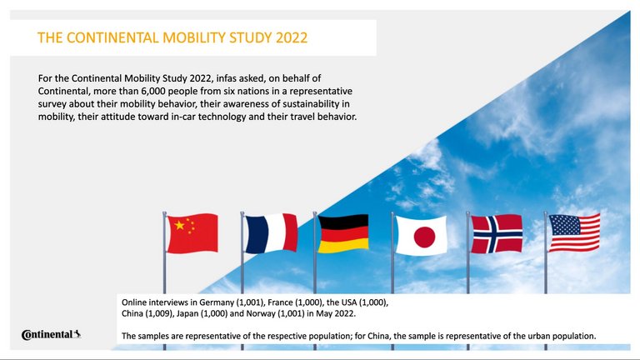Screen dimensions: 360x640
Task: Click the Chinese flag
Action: (192, 232)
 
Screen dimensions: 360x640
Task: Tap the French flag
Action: (271, 233)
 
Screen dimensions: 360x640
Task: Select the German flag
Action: (342, 233)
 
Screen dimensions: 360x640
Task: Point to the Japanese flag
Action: (421, 235)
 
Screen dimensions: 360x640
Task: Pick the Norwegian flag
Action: (497, 233)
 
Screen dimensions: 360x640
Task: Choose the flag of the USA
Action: (574, 232)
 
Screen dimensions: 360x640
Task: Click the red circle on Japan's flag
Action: (424, 237)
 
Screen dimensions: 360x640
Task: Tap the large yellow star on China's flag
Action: (177, 225)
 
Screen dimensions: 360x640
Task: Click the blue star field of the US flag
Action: (562, 223)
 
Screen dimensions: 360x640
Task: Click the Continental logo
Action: (51, 335)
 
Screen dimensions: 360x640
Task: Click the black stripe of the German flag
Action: (342, 221)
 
